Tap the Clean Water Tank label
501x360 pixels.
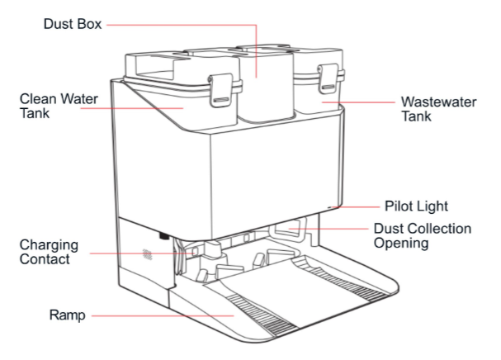click(57, 106)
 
